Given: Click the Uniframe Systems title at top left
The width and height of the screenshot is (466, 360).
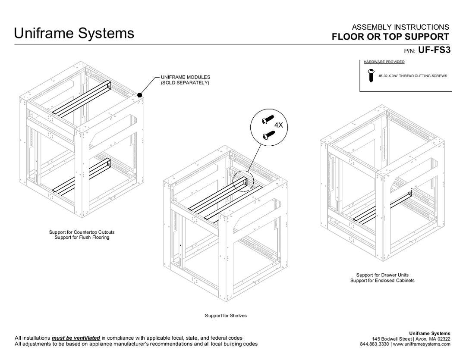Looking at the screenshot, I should (x=74, y=33).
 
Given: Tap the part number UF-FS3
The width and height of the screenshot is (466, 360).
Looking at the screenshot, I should (x=435, y=50).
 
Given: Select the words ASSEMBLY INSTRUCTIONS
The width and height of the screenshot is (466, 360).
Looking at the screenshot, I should (x=400, y=28).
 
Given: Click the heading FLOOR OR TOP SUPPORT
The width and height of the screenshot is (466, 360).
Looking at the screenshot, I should (x=390, y=37).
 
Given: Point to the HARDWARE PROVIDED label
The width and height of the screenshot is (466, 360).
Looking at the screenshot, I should (x=384, y=62).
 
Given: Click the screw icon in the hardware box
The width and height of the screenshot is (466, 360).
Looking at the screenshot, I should (x=370, y=76).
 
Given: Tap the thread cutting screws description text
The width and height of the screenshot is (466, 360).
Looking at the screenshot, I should (x=412, y=76).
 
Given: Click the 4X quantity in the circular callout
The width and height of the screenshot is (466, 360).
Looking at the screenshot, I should (x=279, y=125).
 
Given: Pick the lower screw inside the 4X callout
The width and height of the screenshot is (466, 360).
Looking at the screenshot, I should (x=269, y=135).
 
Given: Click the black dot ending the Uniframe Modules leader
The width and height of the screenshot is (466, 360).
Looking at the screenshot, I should (x=140, y=95).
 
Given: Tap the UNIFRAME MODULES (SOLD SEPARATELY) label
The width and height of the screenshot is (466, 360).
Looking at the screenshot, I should (x=185, y=80).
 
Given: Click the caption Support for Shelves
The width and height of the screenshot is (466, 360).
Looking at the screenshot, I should (x=226, y=316).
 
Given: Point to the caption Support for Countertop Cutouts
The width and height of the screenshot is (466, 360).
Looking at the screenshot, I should (x=82, y=232).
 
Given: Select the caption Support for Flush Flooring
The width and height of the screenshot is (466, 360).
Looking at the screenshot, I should (x=82, y=238).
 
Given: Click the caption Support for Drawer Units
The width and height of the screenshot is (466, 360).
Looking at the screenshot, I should (x=382, y=275).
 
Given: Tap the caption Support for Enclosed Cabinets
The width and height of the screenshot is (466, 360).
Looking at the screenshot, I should (x=382, y=281).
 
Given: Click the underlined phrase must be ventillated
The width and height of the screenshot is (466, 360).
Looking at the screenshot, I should (x=76, y=338).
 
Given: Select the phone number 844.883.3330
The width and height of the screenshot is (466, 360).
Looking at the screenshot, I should (x=375, y=344).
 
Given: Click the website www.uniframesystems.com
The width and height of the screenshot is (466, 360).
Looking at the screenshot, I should (x=422, y=344).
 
